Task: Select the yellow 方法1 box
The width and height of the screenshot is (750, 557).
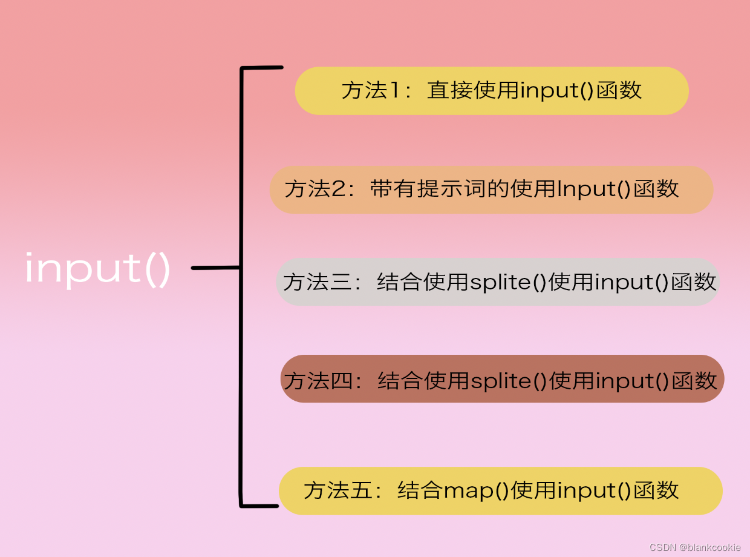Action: click(x=491, y=91)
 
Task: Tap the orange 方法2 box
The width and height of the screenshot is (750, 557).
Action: click(x=491, y=190)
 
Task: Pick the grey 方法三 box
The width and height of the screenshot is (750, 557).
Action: click(x=497, y=282)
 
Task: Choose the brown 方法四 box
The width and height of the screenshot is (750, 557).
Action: click(x=502, y=380)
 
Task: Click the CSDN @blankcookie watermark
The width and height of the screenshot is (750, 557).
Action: click(x=695, y=547)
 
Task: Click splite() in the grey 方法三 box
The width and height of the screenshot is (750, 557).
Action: click(x=508, y=282)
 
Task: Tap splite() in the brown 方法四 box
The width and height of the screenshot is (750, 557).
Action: click(x=509, y=381)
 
